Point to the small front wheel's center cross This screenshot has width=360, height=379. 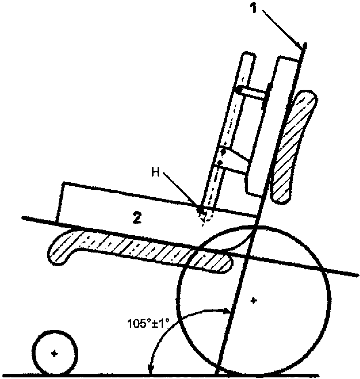pyautogui.click(x=55, y=354)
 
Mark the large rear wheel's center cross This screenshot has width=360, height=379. pyautogui.click(x=253, y=300)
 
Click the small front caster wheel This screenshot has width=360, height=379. pyautogui.click(x=55, y=354)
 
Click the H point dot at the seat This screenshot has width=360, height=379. pyautogui.click(x=200, y=210)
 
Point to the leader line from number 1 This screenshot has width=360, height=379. pyautogui.click(x=283, y=28)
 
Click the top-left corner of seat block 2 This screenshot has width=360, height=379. pyautogui.click(x=62, y=184)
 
